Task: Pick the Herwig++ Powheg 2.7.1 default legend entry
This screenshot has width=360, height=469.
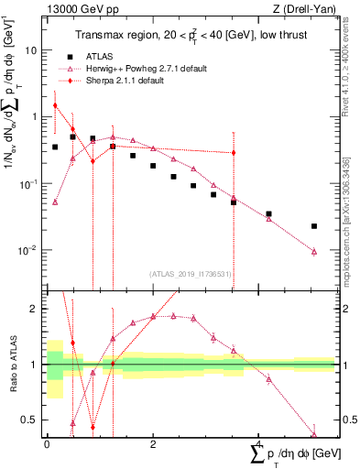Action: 146,69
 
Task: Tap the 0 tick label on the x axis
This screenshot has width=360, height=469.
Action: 47,444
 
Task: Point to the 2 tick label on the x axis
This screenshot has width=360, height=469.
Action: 152,444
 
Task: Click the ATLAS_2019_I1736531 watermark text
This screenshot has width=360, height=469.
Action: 190,273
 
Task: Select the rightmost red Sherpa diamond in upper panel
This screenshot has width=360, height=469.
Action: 234,153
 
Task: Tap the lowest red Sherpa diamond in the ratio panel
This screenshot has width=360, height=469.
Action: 93,427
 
